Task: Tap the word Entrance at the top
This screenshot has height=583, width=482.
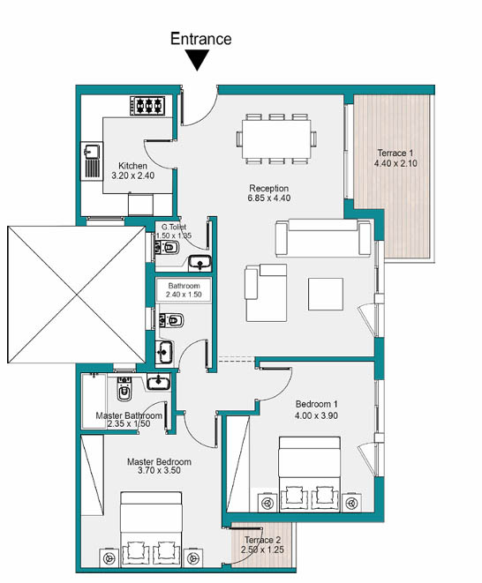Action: pos(201,39)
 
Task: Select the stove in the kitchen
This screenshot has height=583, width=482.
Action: pos(147,106)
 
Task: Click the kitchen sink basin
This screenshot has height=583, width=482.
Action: pos(92,152)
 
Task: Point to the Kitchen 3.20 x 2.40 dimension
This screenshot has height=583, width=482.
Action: pos(133,176)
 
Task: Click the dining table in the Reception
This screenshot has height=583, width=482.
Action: pos(276,139)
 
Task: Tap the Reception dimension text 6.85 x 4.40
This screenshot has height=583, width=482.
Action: pos(269,198)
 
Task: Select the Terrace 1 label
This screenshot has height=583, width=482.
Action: pos(395,153)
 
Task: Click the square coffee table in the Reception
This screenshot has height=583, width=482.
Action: pos(326,294)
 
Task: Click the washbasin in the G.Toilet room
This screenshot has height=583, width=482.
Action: pos(200,263)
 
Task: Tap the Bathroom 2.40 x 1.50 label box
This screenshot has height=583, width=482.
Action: pos(184,290)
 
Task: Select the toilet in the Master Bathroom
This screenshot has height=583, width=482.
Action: pos(124,389)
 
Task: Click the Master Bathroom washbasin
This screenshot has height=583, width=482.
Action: pos(159,381)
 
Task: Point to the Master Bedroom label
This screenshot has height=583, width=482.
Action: pos(159,462)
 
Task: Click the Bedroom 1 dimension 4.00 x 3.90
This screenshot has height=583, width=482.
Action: pos(316,415)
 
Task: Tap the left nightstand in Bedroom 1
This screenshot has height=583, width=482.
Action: pos(268,503)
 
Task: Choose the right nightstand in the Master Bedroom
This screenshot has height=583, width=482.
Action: pos(192,557)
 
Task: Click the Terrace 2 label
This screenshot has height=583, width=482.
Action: pos(263,540)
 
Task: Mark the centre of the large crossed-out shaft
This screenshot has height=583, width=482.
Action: pos(77,295)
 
